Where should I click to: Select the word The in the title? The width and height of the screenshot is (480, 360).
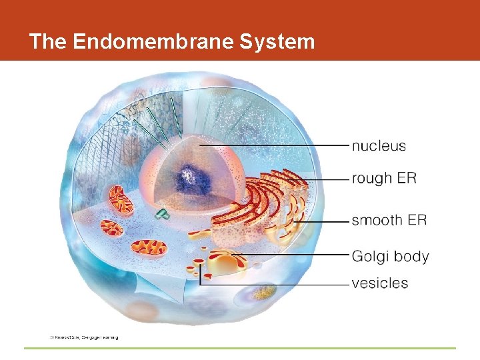[x=47, y=42]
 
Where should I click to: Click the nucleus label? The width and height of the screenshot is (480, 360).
[x=378, y=146]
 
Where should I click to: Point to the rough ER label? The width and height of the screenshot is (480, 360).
[x=383, y=179]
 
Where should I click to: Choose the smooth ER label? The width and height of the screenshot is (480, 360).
[x=389, y=220]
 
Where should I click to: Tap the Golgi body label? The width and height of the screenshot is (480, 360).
[x=390, y=257]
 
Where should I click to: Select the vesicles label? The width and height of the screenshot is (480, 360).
[x=379, y=283]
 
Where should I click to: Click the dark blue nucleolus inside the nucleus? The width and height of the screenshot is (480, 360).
[x=187, y=178]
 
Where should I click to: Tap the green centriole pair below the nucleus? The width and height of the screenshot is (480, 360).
[x=161, y=213]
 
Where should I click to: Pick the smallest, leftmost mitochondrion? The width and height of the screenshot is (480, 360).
[x=111, y=228]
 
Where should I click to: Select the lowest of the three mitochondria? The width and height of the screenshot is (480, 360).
[x=149, y=247]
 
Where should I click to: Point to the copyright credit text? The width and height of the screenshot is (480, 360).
[x=84, y=337]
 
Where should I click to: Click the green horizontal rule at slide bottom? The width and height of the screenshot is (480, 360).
[x=240, y=348]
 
